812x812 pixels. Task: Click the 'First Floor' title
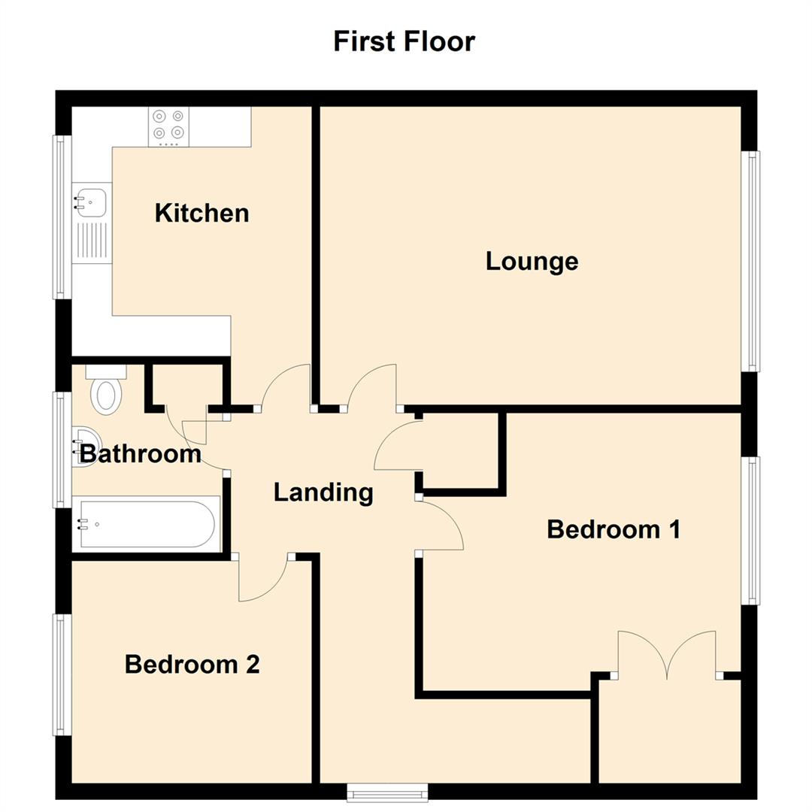point(404,41)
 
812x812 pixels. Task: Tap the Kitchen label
point(202,213)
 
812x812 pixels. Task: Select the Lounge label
point(532,262)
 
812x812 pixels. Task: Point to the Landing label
point(323,492)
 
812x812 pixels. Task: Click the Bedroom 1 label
point(614,529)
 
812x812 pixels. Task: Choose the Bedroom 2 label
point(192,665)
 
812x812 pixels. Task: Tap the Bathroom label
point(141,454)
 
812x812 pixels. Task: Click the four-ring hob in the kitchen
point(169,127)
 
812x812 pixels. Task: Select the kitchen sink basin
point(92,202)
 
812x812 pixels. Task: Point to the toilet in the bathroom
point(106,389)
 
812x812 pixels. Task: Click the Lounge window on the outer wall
point(750,261)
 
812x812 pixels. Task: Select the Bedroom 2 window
point(62,674)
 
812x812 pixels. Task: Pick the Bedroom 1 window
point(750,531)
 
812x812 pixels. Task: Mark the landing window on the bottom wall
point(387,792)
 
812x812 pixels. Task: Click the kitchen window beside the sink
point(62,217)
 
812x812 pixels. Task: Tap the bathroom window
point(62,450)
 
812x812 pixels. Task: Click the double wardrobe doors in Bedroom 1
point(667,653)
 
